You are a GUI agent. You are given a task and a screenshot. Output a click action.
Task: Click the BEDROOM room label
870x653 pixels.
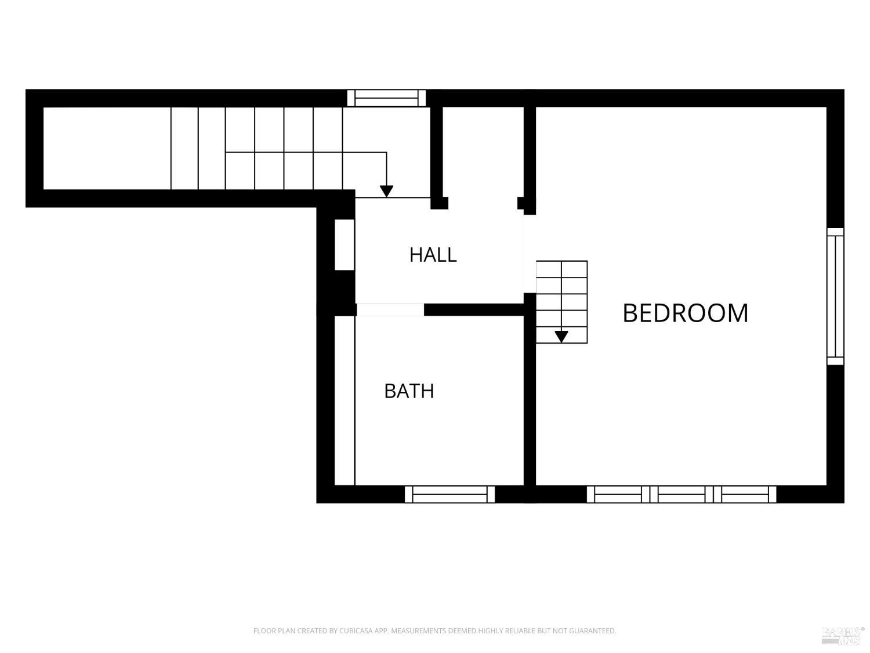(x=686, y=313)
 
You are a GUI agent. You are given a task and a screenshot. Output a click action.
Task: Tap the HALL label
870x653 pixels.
(x=433, y=255)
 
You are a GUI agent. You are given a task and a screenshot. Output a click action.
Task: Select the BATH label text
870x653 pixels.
(x=409, y=391)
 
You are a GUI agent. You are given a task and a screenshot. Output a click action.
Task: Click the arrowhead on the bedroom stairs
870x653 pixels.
(x=561, y=337)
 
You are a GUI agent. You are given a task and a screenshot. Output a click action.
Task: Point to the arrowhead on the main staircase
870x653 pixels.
(x=386, y=191)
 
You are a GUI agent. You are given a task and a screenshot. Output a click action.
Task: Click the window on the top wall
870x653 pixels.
(x=386, y=98)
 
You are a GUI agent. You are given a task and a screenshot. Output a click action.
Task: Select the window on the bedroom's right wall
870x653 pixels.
(x=835, y=296)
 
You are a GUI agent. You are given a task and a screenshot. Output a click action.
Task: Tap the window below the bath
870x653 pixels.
(x=449, y=495)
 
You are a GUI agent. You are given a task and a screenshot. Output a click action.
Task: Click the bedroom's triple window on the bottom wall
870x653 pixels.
(x=681, y=495)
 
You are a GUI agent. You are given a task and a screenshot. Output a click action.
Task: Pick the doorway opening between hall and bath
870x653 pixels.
(x=390, y=309)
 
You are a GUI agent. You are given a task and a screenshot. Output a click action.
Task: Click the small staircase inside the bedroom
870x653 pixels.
(x=561, y=302)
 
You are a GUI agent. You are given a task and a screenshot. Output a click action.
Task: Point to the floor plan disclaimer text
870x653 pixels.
(x=435, y=630)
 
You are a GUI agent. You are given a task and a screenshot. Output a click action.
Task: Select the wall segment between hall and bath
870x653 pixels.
(x=474, y=309)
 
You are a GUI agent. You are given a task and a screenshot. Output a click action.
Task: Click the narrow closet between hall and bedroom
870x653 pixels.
(x=483, y=157)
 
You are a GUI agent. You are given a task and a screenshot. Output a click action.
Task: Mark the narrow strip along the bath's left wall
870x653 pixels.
(x=345, y=401)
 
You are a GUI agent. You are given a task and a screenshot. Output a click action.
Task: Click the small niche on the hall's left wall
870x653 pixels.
(x=345, y=244)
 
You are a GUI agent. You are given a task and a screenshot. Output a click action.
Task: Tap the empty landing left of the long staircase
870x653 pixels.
(x=107, y=148)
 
